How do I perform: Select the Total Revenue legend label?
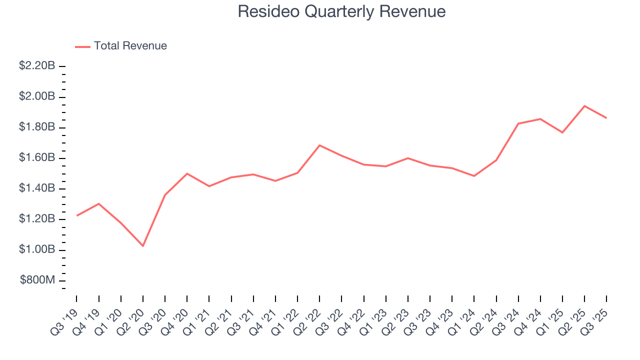[130, 46]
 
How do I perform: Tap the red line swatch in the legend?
[82, 46]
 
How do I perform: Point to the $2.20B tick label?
[37, 66]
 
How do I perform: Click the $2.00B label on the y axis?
[37, 96]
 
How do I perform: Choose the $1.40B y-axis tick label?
[37, 188]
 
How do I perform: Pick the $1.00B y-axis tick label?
[37, 249]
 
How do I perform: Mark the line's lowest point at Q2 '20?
[143, 246]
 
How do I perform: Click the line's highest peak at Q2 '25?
[584, 106]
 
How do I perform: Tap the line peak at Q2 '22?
[319, 145]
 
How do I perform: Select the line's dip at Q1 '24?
[474, 176]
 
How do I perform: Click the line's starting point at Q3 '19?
[77, 215]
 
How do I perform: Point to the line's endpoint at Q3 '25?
[606, 118]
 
